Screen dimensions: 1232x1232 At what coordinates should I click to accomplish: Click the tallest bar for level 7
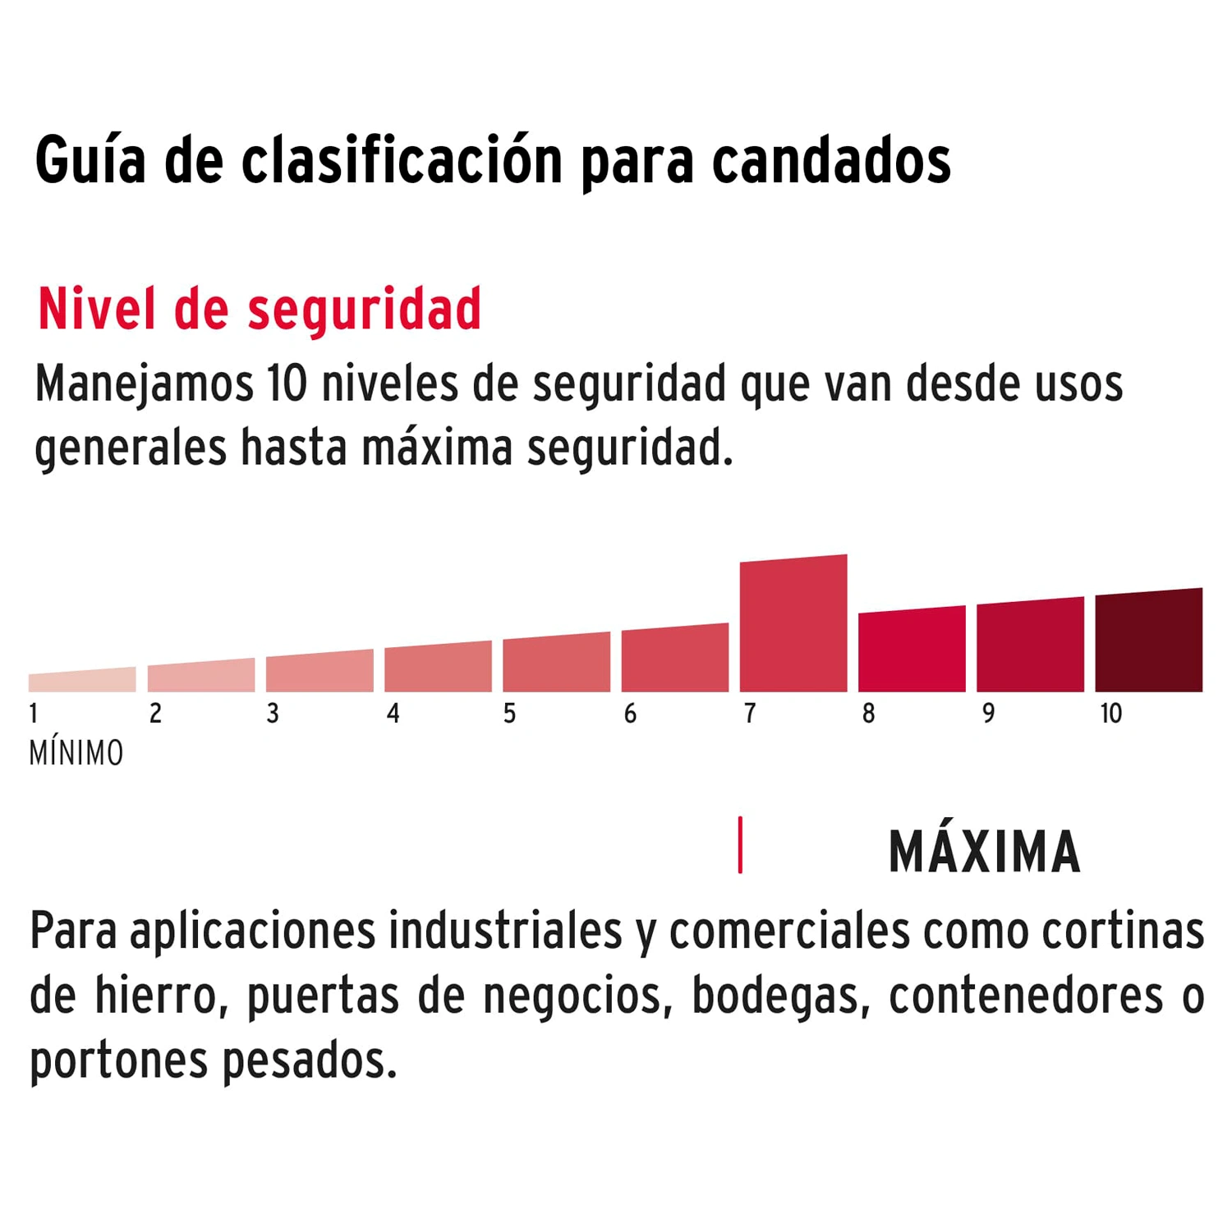[x=793, y=624]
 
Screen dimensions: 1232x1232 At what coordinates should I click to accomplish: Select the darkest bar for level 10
[x=1148, y=641]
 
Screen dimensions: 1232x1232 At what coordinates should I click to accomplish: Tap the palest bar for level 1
[x=82, y=680]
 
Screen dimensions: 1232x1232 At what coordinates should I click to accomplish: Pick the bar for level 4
[x=438, y=667]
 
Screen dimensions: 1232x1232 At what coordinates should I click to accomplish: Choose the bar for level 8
[x=912, y=650]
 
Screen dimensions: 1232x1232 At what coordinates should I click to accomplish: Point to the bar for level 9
[x=1030, y=646]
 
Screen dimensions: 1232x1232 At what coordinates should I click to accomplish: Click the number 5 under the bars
[x=509, y=714]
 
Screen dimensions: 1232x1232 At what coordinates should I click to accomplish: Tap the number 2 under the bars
[x=155, y=714]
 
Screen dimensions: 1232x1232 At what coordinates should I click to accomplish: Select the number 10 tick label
[x=1110, y=714]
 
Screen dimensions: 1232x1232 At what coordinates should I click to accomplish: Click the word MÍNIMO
[x=76, y=753]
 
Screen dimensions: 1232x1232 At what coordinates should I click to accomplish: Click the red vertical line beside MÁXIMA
[x=740, y=845]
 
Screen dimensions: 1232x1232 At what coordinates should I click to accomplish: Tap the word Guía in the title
[x=90, y=160]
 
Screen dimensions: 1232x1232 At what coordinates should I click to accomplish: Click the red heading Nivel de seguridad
[x=260, y=310]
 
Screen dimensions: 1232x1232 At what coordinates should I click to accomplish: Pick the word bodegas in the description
[x=780, y=996]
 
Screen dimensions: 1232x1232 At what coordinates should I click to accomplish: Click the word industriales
[x=505, y=931]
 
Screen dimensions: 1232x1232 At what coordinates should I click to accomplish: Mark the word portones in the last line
[x=118, y=1061]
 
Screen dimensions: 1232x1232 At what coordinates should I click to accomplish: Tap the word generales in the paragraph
[x=131, y=448]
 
